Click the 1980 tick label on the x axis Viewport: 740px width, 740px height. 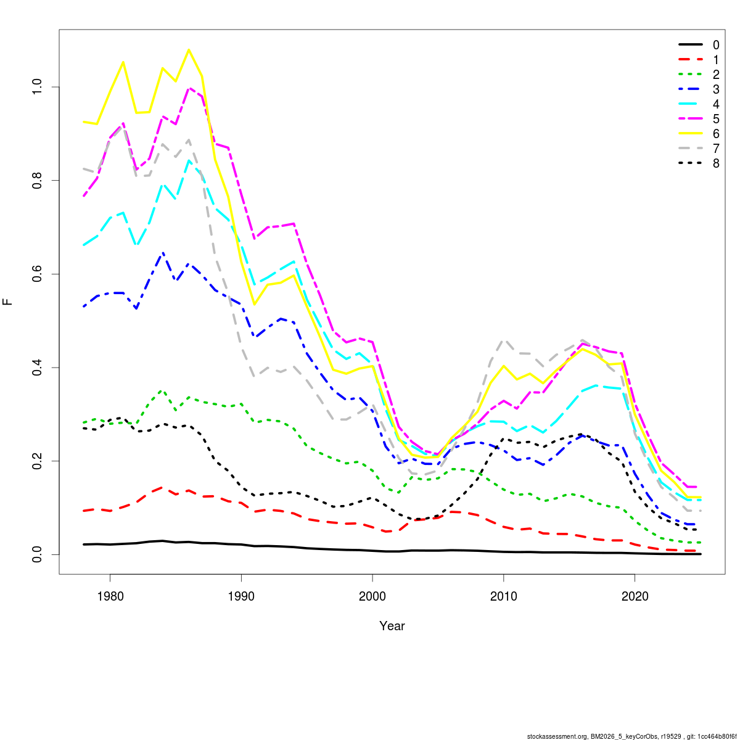pos(110,596)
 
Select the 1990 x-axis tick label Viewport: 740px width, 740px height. pos(241,596)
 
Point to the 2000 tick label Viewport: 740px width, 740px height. pos(372,596)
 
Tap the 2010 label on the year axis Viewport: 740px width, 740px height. pos(504,596)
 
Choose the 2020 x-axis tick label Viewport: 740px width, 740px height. pos(635,596)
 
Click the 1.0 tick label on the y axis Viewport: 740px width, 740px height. pos(38,87)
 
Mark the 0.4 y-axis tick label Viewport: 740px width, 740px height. pos(38,368)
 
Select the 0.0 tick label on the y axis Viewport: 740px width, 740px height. pos(38,554)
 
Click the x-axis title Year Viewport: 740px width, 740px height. pos(392,626)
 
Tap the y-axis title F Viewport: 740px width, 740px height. pos(8,302)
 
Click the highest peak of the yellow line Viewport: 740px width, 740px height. pos(189,49)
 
